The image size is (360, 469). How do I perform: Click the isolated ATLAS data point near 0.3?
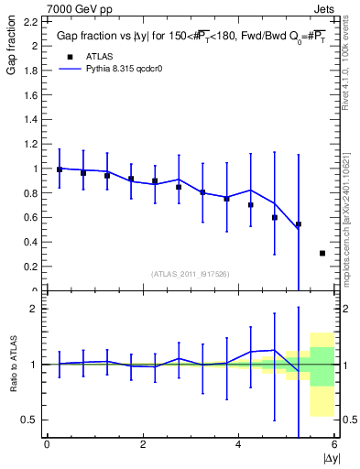click(x=322, y=253)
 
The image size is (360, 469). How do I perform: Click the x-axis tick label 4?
click(x=238, y=444)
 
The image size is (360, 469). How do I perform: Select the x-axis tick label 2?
click(x=143, y=444)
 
